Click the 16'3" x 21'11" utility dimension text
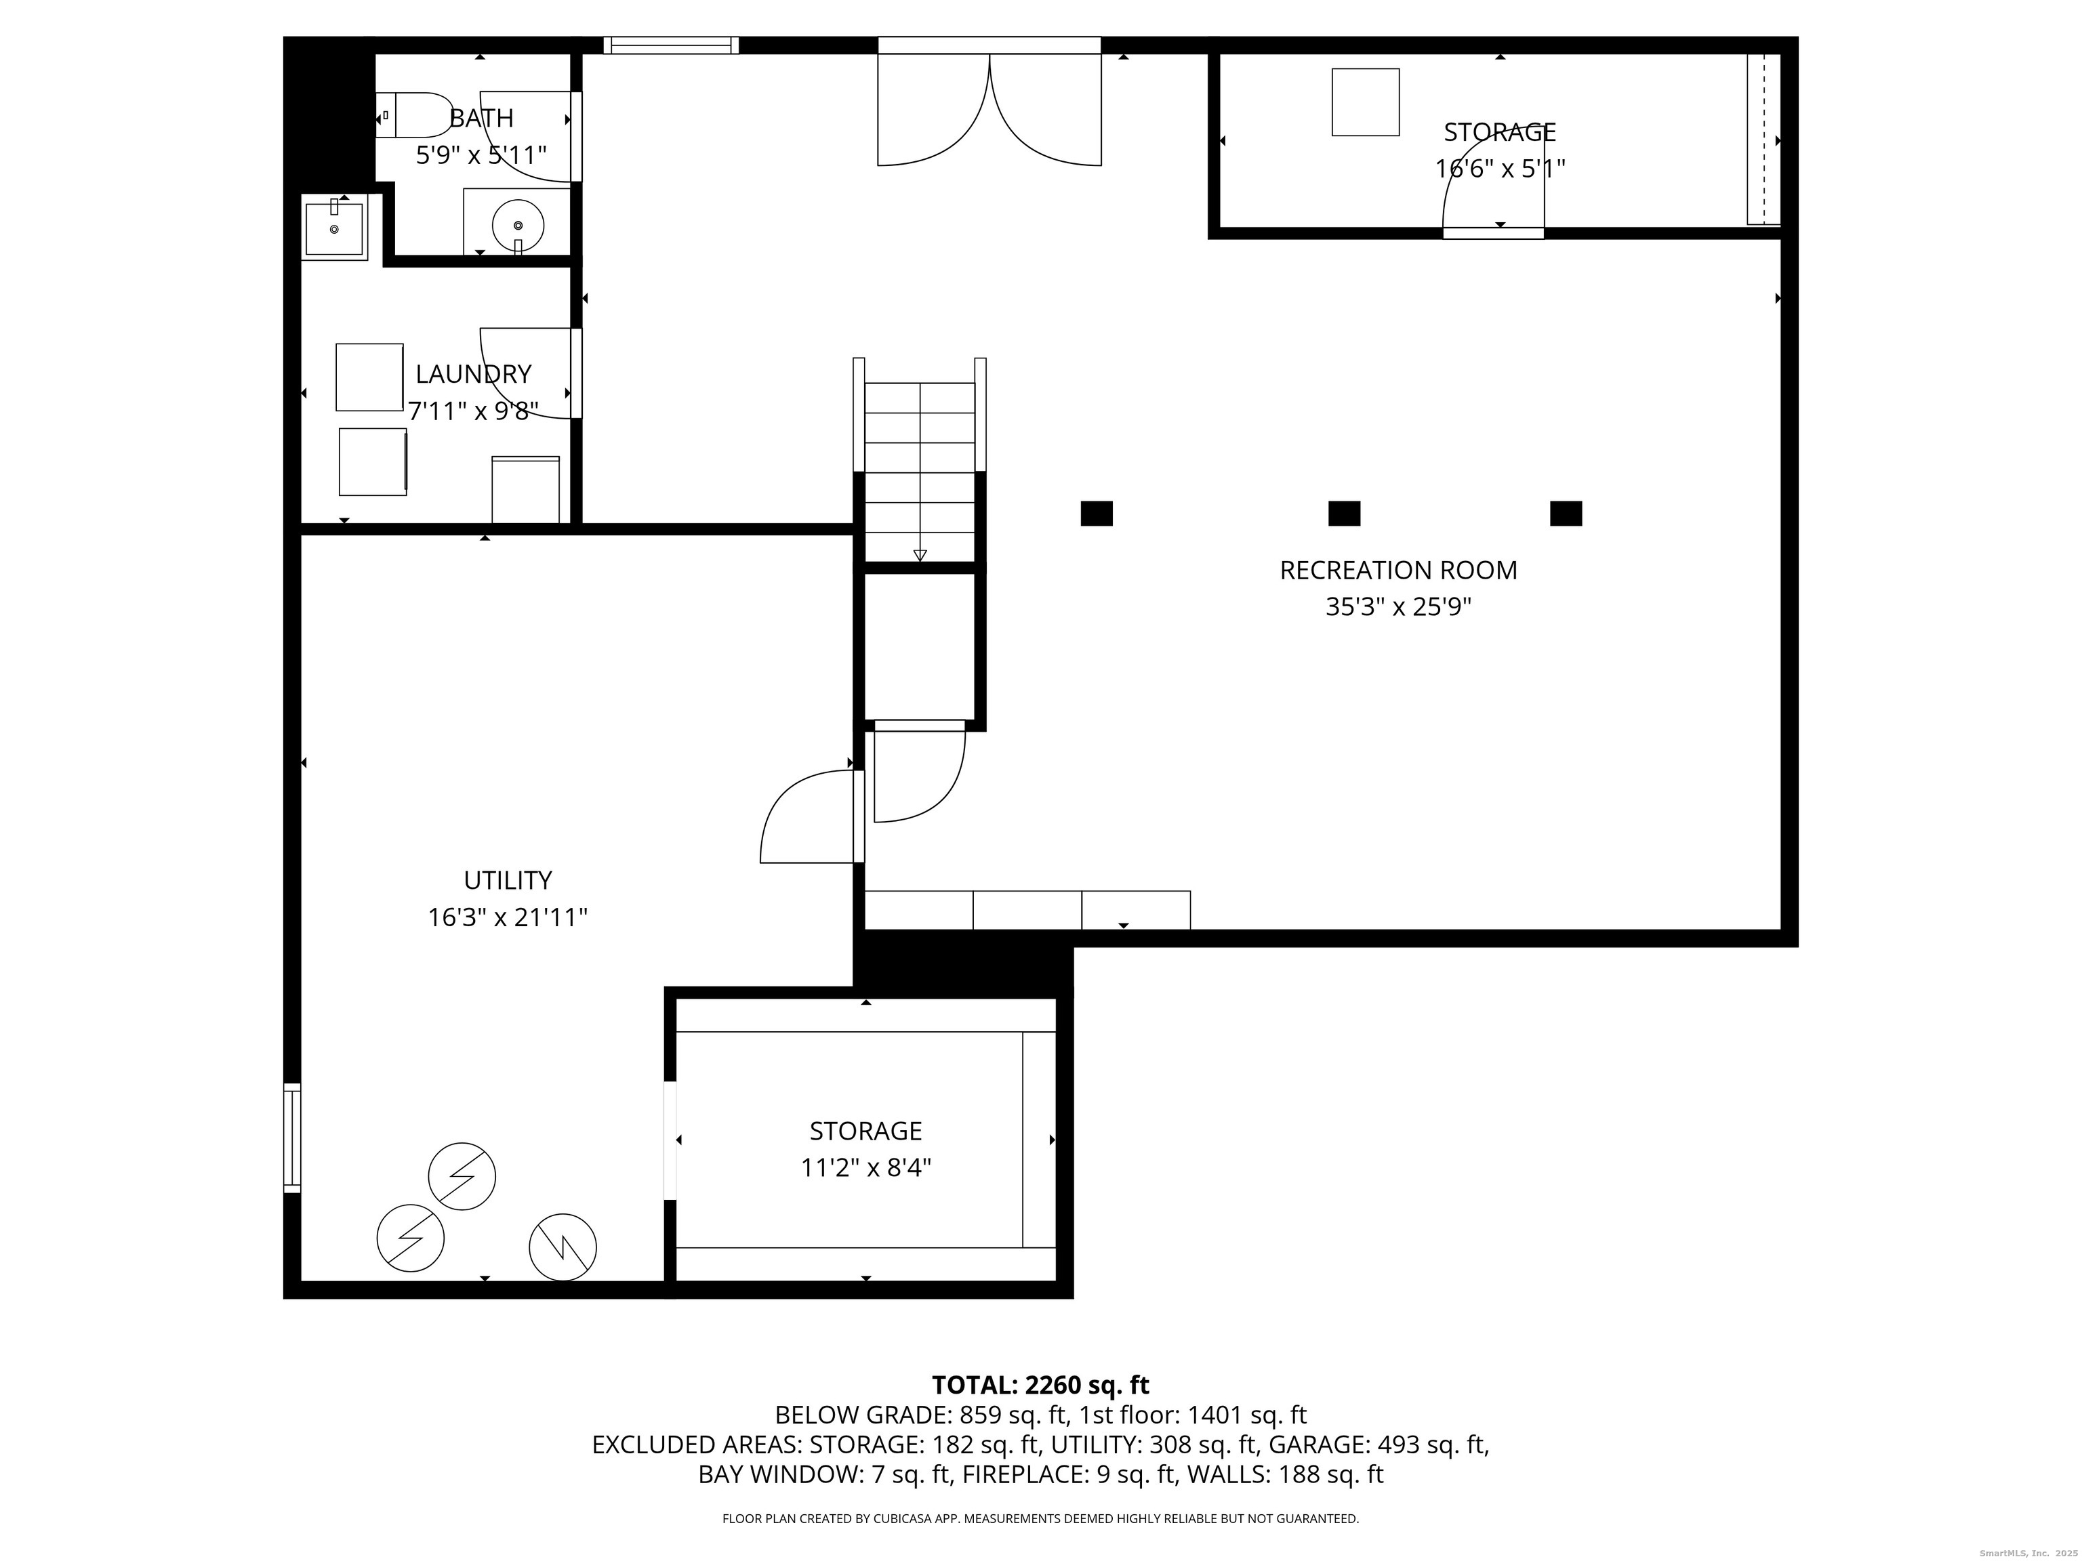coord(508,917)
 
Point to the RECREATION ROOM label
coord(1397,570)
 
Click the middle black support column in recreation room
coord(1343,514)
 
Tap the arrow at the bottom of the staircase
coord(920,555)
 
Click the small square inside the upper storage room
coord(1365,102)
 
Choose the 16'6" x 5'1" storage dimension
coord(1499,169)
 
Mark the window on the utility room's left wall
coord(293,1138)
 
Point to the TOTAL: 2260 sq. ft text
coord(1040,1385)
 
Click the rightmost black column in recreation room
coord(1566,514)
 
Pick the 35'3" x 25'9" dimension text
coord(1397,608)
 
